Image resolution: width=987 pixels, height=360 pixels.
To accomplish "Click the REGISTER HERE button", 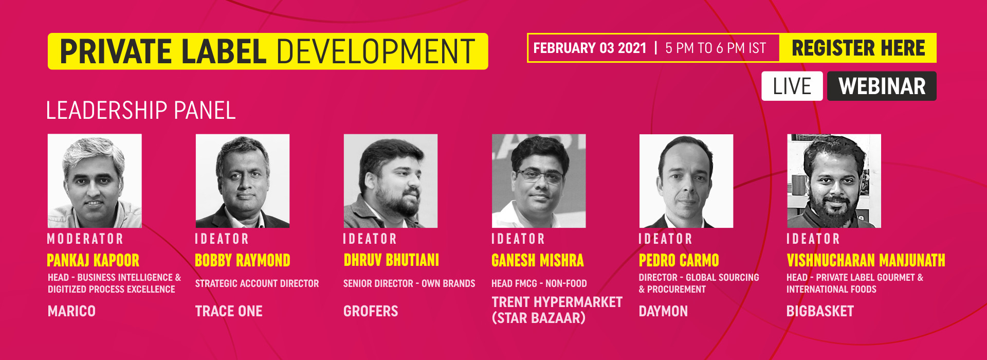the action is tap(858, 48).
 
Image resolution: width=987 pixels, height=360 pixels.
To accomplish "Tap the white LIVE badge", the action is tap(792, 86).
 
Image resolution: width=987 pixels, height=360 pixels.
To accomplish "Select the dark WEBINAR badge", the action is tap(882, 86).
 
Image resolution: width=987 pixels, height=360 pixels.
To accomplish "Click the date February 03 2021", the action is tap(590, 48).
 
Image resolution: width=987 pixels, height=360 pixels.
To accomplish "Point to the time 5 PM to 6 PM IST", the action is tap(716, 48).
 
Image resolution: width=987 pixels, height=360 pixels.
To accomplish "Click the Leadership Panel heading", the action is tap(141, 111).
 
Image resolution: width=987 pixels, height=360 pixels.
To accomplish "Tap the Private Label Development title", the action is tap(268, 51).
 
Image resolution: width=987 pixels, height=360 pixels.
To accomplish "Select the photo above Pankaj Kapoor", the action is tap(95, 181).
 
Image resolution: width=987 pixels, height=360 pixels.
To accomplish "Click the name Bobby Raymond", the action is tap(243, 260).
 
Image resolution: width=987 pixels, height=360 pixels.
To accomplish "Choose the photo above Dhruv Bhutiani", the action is tap(391, 181).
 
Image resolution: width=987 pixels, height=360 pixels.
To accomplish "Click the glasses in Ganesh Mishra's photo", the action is tap(539, 176).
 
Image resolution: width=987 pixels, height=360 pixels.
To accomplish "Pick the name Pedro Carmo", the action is tap(679, 260).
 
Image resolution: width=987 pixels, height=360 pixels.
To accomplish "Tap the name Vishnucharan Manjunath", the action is tap(866, 260).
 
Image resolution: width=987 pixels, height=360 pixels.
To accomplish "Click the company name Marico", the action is tap(71, 311).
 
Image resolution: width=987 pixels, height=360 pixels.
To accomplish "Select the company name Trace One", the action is tap(229, 311).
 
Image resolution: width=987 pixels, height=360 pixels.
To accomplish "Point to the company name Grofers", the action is tap(371, 311).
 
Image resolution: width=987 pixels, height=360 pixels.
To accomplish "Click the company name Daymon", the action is tap(663, 311).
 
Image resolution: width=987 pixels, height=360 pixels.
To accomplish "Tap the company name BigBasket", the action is tap(820, 311).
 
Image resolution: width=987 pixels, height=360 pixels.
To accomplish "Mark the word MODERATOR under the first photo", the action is tap(85, 239).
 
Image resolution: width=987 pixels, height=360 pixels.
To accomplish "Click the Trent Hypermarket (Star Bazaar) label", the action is tap(557, 310).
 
